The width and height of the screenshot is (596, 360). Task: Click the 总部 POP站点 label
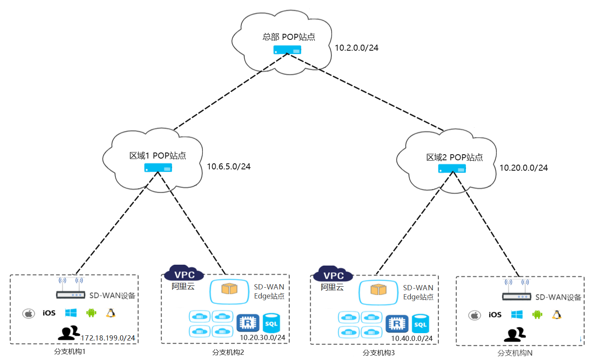289,37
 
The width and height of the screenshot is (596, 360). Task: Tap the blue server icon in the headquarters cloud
287,50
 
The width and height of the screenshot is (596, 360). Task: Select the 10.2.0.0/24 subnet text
356,48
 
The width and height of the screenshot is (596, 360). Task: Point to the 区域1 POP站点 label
157,156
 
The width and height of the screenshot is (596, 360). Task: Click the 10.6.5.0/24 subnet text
228,166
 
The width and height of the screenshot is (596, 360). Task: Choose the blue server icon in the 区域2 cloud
452,169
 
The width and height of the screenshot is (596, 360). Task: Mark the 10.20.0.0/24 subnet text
523,168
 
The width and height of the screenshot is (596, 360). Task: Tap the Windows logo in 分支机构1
71,313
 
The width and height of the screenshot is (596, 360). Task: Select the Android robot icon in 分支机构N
537,315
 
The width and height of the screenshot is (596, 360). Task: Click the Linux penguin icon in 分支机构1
111,313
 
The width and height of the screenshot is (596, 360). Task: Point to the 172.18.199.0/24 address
107,338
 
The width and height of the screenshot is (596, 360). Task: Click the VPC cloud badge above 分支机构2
184,273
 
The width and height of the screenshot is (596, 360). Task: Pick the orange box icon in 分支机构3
378,289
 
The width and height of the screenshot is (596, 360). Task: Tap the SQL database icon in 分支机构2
271,323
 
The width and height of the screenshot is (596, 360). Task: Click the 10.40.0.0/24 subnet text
412,338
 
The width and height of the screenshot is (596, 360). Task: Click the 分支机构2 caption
228,353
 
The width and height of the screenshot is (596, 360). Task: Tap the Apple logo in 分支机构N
474,315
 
